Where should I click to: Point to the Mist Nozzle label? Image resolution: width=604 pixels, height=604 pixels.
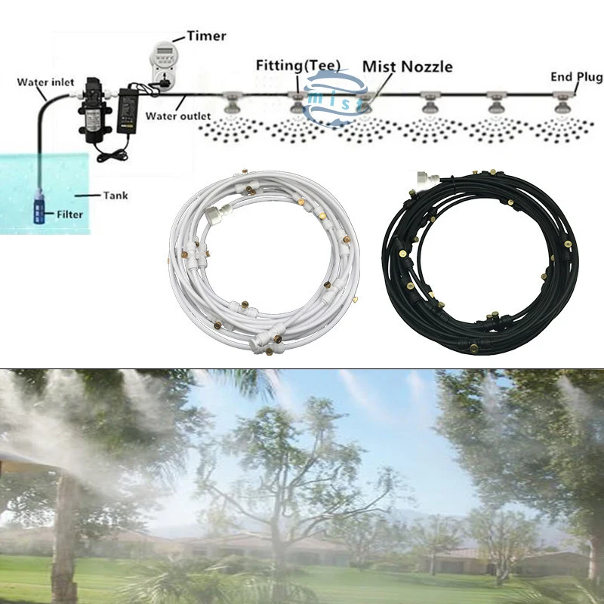tap(408, 66)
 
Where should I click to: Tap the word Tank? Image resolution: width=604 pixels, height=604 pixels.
tap(116, 196)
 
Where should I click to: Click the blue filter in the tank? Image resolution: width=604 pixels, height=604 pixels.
tap(40, 207)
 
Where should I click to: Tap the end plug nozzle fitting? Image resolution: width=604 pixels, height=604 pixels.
tap(561, 102)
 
